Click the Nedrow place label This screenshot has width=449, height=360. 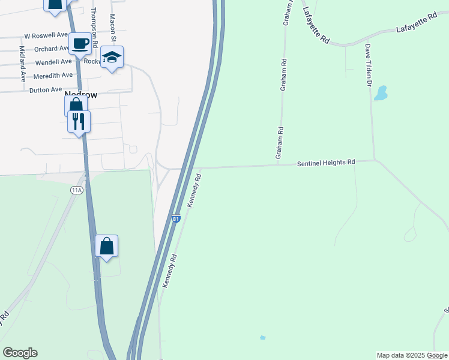(x=80, y=95)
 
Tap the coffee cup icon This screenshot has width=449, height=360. (x=80, y=43)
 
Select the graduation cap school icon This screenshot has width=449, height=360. (x=112, y=58)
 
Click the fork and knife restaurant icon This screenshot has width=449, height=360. (x=79, y=122)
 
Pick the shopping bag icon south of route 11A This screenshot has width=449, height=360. (x=106, y=246)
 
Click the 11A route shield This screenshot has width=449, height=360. (x=76, y=190)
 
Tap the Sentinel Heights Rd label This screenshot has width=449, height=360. (x=326, y=163)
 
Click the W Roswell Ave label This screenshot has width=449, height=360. (x=46, y=35)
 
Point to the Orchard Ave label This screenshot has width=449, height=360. (x=52, y=49)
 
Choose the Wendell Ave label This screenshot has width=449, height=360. (x=53, y=62)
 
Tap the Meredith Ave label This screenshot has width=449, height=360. (x=53, y=75)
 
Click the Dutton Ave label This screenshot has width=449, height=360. (x=46, y=89)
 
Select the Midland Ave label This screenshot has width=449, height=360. (x=22, y=64)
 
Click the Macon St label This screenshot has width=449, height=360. (x=112, y=25)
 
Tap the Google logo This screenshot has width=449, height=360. (x=20, y=353)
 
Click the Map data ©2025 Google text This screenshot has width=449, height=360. (x=411, y=355)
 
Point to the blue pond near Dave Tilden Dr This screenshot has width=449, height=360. (x=381, y=93)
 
